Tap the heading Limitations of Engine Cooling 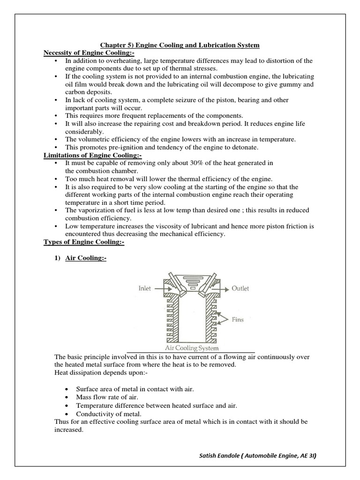[92, 155]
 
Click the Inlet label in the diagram [145, 289]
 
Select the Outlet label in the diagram [240, 289]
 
